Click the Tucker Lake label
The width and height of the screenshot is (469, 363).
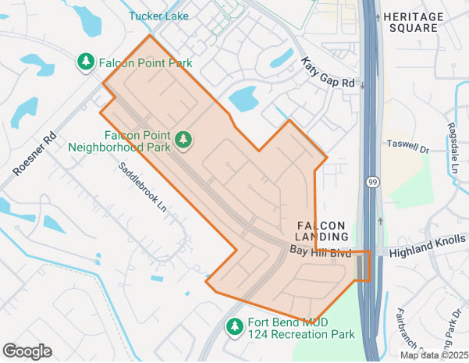click(x=158, y=15)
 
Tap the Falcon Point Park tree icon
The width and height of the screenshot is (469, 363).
click(x=85, y=61)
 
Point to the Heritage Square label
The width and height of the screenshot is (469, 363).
click(x=411, y=22)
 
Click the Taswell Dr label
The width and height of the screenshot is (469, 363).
click(x=407, y=145)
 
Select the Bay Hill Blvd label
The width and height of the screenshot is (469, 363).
click(x=321, y=251)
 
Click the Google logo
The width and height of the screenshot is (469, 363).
click(x=27, y=351)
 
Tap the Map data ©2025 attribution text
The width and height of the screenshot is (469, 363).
click(x=434, y=355)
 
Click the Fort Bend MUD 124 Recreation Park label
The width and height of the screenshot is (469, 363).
click(x=301, y=328)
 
